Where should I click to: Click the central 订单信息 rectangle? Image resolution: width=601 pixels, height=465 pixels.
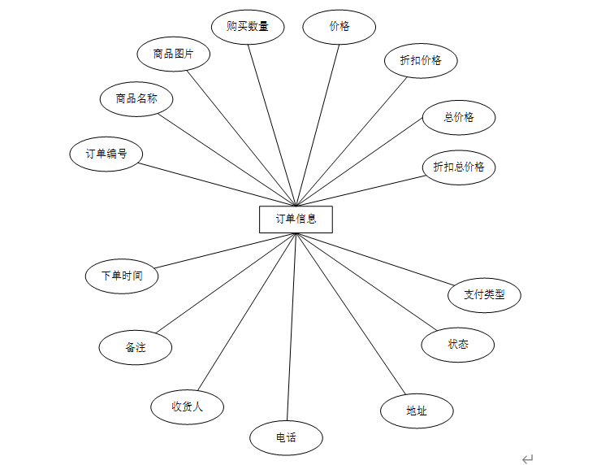click(x=296, y=219)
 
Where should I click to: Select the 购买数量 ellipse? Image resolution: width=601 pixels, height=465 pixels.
click(x=248, y=26)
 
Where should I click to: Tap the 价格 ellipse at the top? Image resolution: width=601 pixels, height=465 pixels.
click(x=339, y=26)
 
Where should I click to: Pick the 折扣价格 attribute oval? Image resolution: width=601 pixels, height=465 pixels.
click(x=421, y=60)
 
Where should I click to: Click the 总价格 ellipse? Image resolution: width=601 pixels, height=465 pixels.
click(x=459, y=117)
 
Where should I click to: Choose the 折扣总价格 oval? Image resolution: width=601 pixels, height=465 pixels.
click(x=459, y=167)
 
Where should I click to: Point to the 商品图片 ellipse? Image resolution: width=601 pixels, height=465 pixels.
click(x=175, y=54)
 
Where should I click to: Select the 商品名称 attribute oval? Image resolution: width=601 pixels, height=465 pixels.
click(x=136, y=99)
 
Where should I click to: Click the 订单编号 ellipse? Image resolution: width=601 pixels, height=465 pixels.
click(x=106, y=154)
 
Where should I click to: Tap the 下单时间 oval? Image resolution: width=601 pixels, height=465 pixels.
click(x=122, y=276)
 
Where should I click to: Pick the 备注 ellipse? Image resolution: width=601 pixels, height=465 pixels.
click(x=136, y=347)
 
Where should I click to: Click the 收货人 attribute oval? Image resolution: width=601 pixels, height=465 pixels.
click(x=187, y=406)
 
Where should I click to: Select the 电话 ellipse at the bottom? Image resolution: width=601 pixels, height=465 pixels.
click(x=286, y=438)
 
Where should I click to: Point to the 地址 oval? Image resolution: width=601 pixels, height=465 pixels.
click(x=417, y=411)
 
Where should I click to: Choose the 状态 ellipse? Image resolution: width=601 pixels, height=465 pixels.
click(x=458, y=344)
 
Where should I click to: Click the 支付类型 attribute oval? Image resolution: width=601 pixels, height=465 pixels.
click(x=484, y=294)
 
